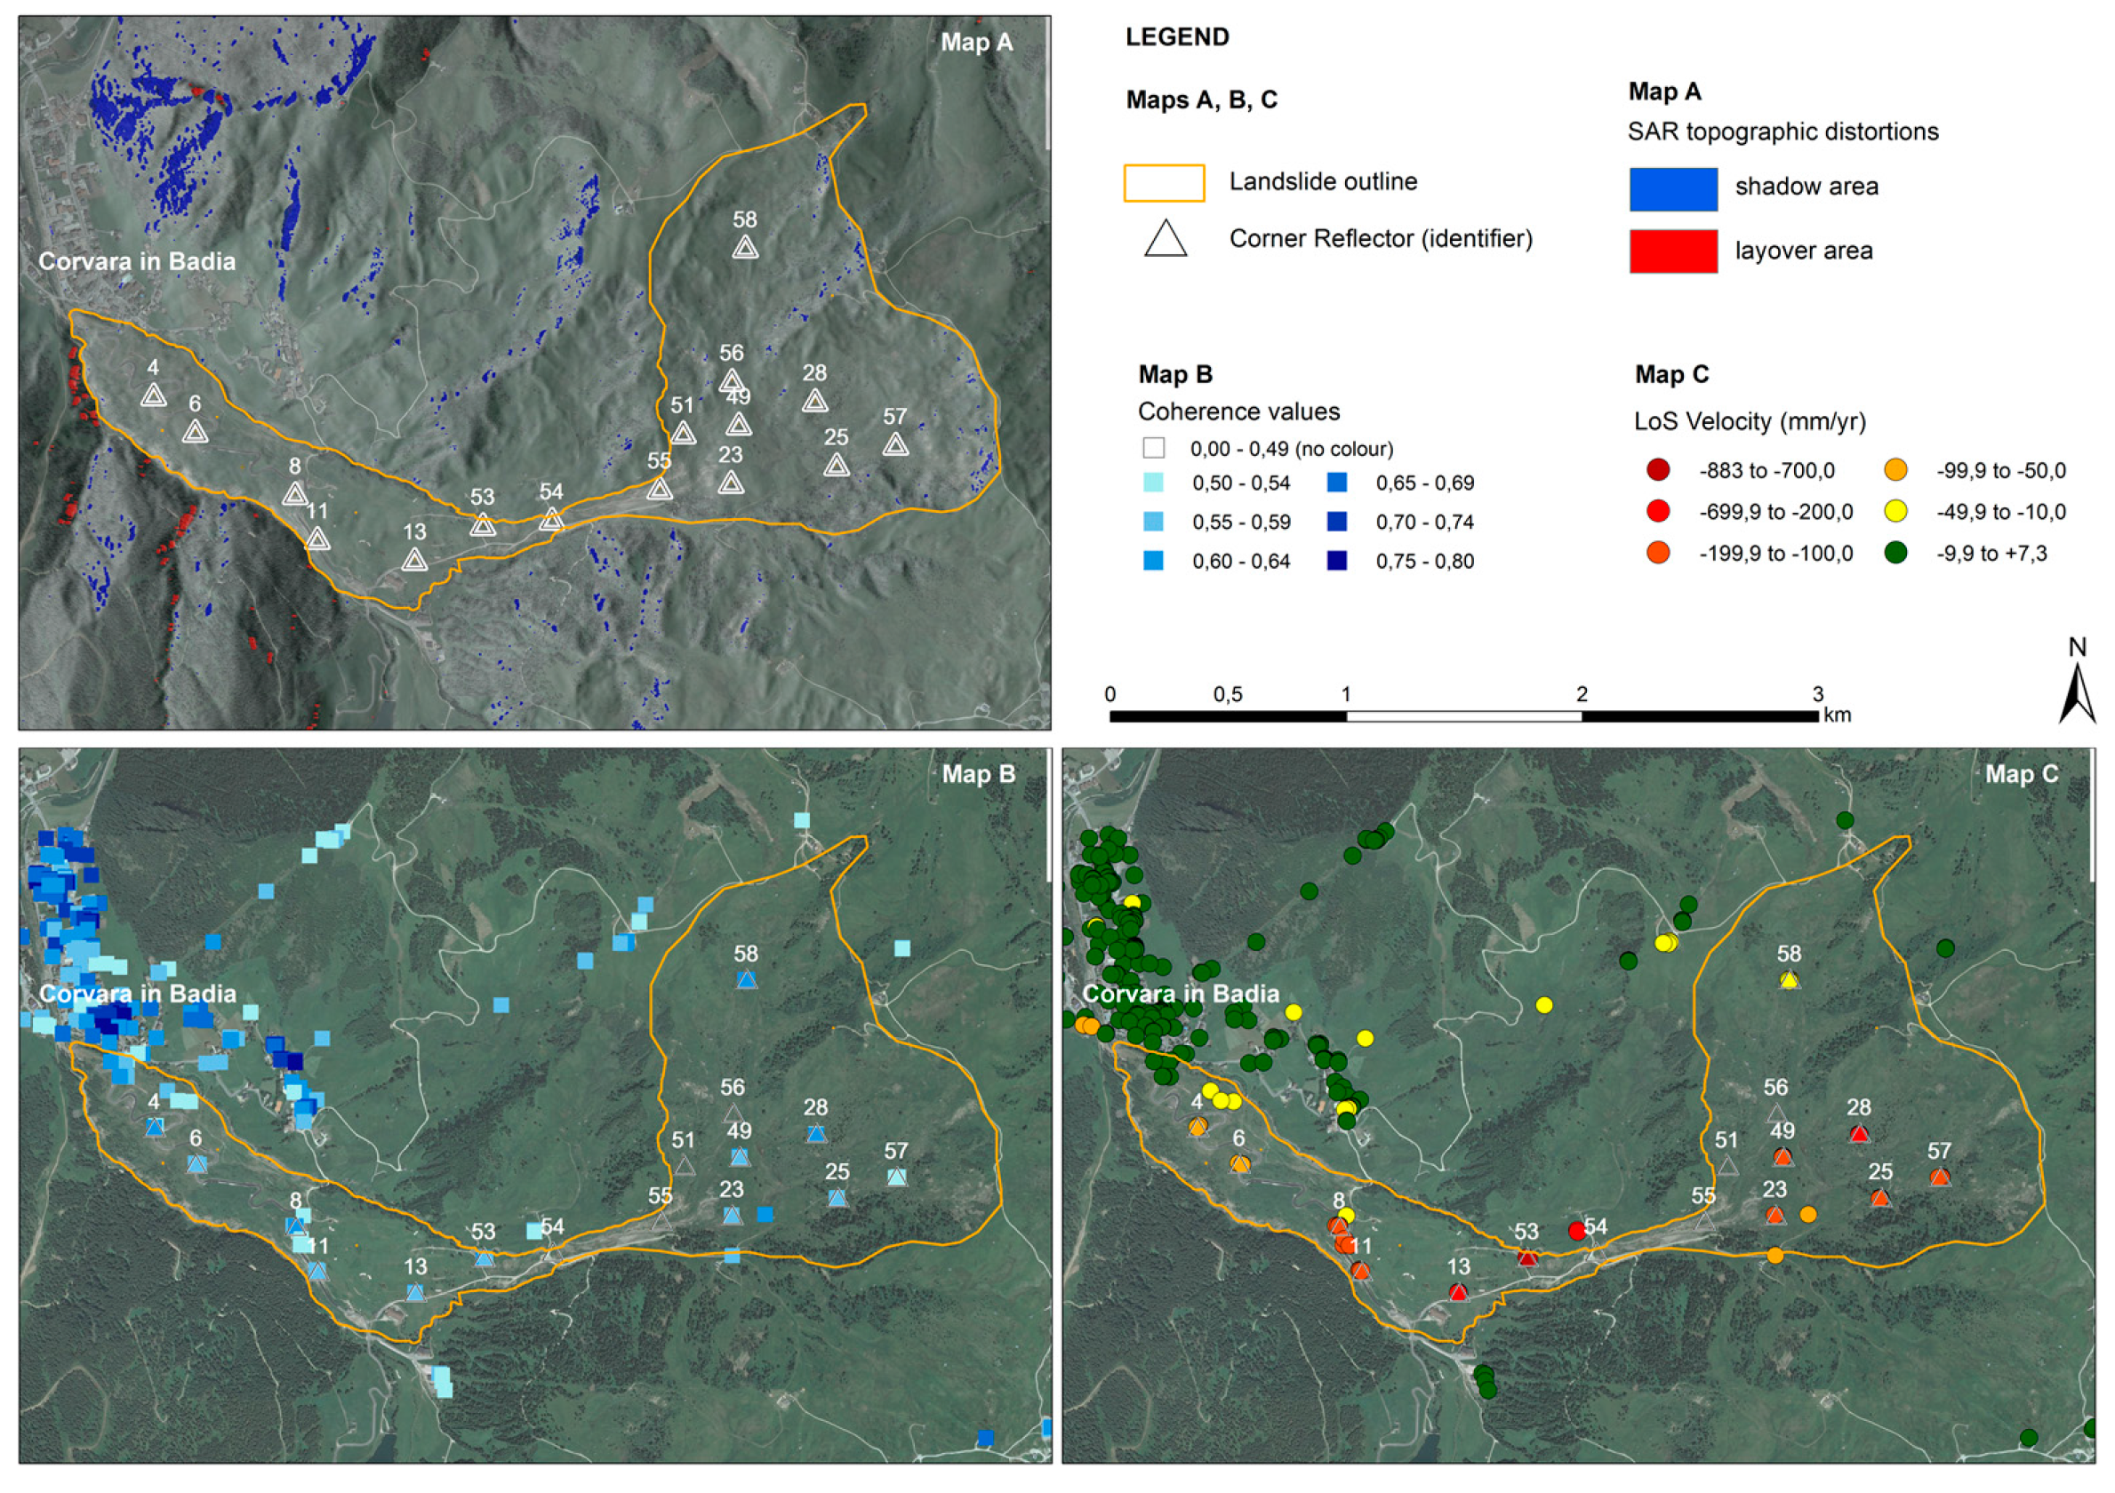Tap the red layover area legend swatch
(1673, 251)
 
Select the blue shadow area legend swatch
(1673, 188)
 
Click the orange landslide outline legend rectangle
(1164, 182)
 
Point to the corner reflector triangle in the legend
(1166, 239)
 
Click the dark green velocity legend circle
(1895, 553)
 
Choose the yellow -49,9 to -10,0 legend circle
(1895, 512)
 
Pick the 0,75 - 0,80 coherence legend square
(1336, 561)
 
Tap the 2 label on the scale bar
(1582, 694)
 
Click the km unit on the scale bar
(1837, 715)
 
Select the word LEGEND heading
(1177, 37)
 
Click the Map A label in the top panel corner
(976, 43)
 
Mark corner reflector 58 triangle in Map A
(745, 247)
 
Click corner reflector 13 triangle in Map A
(414, 559)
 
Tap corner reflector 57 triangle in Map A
(895, 444)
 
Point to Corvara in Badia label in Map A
(137, 261)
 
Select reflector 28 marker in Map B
(815, 1134)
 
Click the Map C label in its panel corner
(2021, 775)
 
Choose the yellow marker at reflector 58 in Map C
(1789, 980)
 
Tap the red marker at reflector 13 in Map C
(1457, 1292)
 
